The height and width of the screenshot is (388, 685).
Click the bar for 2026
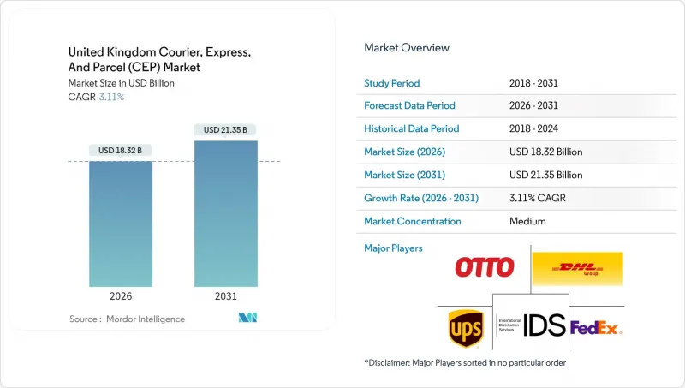[121, 224]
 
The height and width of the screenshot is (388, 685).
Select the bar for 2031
[225, 213]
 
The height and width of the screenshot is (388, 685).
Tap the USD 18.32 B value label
[121, 151]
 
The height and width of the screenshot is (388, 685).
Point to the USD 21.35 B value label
[225, 130]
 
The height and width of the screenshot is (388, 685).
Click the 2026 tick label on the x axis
[121, 296]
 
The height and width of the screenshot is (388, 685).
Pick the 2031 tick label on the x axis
[225, 296]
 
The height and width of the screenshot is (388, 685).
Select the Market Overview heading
[407, 48]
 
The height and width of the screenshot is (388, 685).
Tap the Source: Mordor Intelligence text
[127, 319]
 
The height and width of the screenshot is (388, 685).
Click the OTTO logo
[485, 267]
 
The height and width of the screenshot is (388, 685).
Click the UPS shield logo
[464, 328]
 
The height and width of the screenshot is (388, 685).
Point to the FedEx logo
[596, 328]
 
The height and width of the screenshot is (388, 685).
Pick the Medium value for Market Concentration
[527, 221]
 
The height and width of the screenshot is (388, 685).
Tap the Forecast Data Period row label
[410, 106]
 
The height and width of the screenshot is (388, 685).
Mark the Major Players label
[393, 248]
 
